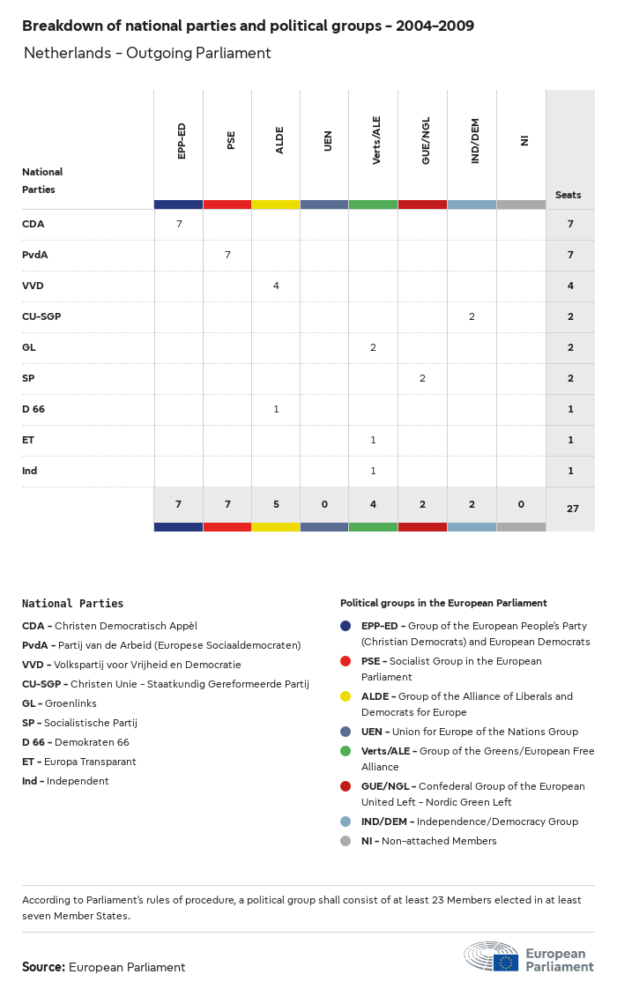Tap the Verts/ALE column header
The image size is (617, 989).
[376, 141]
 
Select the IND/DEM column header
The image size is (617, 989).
[474, 141]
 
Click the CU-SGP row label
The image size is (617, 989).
[41, 316]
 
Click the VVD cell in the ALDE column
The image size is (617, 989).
[276, 286]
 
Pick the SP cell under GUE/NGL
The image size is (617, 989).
[422, 378]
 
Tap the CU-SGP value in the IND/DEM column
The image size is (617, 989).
[472, 316]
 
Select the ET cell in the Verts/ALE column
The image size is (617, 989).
[373, 440]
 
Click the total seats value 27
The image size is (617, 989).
[570, 508]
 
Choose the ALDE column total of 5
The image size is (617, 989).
[276, 504]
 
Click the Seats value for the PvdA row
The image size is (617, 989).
[570, 255]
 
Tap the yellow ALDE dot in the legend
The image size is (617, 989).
[346, 696]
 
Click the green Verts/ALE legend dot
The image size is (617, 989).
[346, 751]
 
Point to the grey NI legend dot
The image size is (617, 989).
[346, 841]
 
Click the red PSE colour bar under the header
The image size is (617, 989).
[227, 204]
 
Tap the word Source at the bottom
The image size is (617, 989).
[43, 967]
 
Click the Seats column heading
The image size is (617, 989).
[569, 195]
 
